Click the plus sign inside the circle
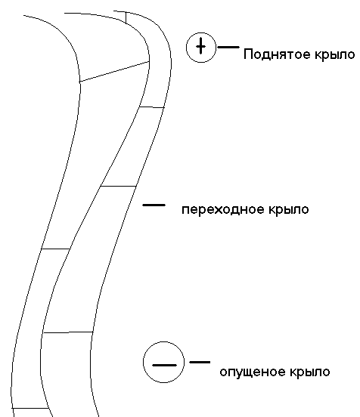[x=200, y=46]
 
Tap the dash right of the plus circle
[x=228, y=47]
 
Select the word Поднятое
[x=277, y=54]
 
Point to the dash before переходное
[x=154, y=205]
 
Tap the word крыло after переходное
[x=289, y=210]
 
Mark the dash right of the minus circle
[x=200, y=362]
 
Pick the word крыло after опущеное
[x=309, y=372]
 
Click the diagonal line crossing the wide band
[x=114, y=72]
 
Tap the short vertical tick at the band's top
[x=126, y=17]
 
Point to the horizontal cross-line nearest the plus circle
[x=152, y=107]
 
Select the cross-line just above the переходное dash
[x=118, y=186]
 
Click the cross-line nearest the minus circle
[x=68, y=332]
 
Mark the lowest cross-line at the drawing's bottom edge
[x=29, y=408]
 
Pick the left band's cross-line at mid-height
[x=56, y=249]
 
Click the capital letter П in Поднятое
[x=247, y=54]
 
